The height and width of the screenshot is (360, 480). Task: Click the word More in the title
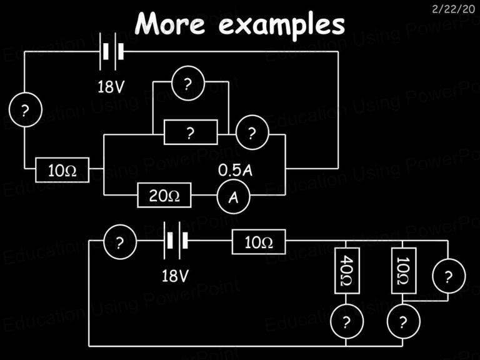tap(170, 23)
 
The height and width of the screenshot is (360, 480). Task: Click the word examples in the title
tap(282, 26)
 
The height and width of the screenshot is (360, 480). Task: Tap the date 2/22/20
tap(453, 9)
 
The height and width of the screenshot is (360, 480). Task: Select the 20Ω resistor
tap(164, 195)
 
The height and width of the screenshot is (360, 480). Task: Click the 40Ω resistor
tap(347, 271)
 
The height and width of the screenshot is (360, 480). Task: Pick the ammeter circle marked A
tap(234, 197)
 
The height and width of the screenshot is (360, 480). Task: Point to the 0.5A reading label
tap(235, 170)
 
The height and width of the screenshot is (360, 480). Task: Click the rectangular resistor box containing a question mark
tap(191, 132)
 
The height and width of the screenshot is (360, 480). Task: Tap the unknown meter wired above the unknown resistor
tap(188, 83)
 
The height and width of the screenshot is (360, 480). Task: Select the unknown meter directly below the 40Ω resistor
tap(347, 321)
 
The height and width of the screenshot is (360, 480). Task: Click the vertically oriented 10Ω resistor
tap(404, 271)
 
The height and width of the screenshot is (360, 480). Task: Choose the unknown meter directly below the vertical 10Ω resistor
tap(404, 321)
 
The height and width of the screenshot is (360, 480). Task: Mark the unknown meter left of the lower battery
tap(120, 242)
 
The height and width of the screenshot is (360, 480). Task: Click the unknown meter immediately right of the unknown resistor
tap(252, 132)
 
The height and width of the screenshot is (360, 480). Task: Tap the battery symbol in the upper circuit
tap(112, 51)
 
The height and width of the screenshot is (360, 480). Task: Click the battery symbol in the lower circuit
tap(176, 241)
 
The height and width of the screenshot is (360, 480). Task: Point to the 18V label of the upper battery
tap(111, 87)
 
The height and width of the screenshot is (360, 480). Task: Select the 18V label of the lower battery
tap(175, 276)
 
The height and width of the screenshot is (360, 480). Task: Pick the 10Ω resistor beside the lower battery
tap(259, 242)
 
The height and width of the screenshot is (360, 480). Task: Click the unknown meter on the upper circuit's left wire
tap(26, 109)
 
